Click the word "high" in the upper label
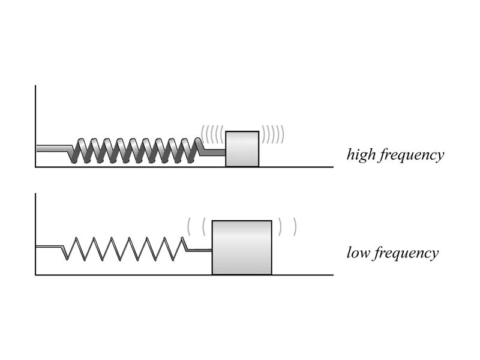[x=360, y=155]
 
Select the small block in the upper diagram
[x=242, y=149]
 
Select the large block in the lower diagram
[x=242, y=247]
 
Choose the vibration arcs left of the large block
[x=196, y=227]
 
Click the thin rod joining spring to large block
[x=200, y=250]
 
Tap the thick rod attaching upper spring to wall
[x=53, y=148]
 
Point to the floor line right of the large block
[x=303, y=275]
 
